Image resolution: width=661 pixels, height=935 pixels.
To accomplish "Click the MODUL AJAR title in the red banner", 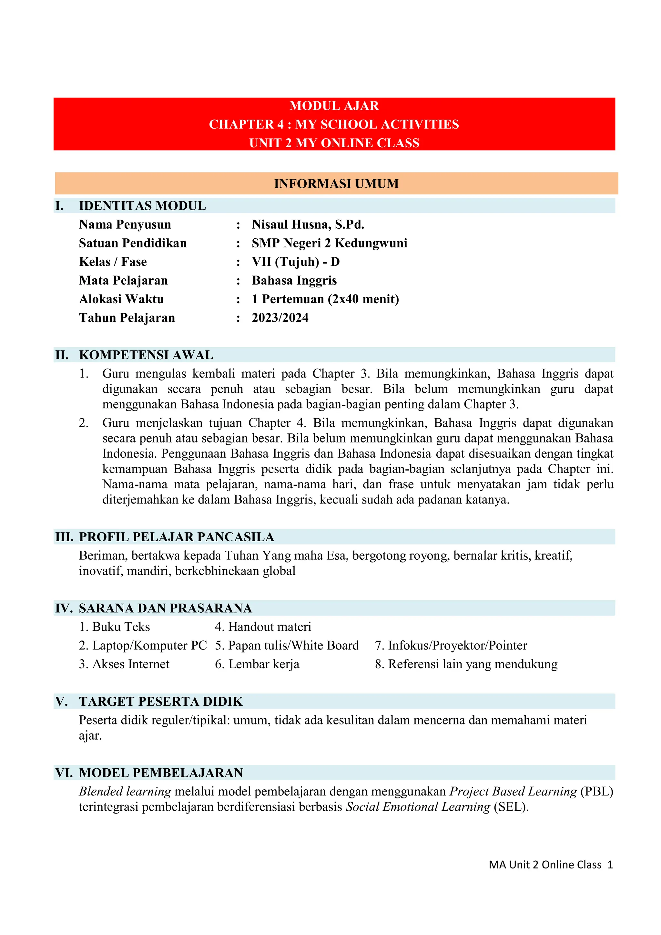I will (x=334, y=106).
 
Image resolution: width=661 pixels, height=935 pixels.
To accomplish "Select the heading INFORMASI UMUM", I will (x=336, y=184).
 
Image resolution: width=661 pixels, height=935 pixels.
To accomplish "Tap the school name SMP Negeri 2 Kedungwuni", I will (x=329, y=243).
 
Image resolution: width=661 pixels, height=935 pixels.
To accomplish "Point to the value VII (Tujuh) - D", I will (x=296, y=262).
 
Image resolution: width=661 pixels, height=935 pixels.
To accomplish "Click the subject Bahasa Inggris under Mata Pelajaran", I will (x=294, y=281).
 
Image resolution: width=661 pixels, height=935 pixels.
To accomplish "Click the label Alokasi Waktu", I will (x=121, y=299).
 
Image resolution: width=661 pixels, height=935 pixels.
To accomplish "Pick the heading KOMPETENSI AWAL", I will (x=146, y=355).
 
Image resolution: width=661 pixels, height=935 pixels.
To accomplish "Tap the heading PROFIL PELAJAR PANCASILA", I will (x=176, y=537).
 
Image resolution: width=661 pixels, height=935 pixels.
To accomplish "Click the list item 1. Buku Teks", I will (x=114, y=627).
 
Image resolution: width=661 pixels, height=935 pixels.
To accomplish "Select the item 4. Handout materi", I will (x=263, y=627).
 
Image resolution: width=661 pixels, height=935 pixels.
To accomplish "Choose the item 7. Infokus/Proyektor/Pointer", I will (x=451, y=646).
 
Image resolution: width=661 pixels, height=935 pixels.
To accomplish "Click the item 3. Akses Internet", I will (x=124, y=664).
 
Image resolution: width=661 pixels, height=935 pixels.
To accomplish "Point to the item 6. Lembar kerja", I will (x=257, y=664).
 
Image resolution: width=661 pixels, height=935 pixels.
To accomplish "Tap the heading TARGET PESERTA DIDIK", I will (x=161, y=702).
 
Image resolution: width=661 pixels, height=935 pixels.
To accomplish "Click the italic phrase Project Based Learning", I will (x=513, y=791).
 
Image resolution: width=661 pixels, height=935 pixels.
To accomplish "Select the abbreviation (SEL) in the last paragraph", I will (x=511, y=807).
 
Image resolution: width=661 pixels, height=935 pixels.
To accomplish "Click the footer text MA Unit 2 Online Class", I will (x=545, y=865).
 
